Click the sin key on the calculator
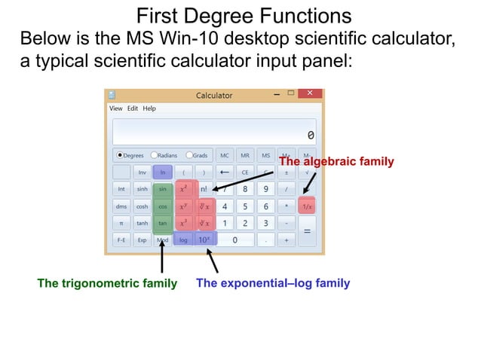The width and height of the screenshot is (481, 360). pyautogui.click(x=162, y=189)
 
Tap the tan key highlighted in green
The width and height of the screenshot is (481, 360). pyautogui.click(x=162, y=223)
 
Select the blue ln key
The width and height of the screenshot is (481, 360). pyautogui.click(x=162, y=172)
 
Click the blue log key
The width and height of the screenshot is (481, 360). pyautogui.click(x=183, y=240)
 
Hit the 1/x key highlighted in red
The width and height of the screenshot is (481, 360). pyautogui.click(x=307, y=206)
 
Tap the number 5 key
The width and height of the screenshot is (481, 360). pyautogui.click(x=244, y=206)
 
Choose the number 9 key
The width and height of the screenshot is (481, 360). pyautogui.click(x=265, y=189)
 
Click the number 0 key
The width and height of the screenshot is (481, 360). pyautogui.click(x=234, y=240)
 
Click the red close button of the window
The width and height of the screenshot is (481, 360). pyautogui.click(x=309, y=94)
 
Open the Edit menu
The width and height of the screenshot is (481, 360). pyautogui.click(x=132, y=108)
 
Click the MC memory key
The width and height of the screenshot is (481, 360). pyautogui.click(x=224, y=155)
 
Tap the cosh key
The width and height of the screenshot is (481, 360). pyautogui.click(x=142, y=206)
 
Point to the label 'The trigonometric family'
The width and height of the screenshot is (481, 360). pyautogui.click(x=107, y=284)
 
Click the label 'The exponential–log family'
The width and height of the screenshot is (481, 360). pyautogui.click(x=273, y=284)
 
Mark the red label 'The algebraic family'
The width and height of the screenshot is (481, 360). pyautogui.click(x=336, y=161)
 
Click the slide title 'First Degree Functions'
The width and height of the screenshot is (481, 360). pyautogui.click(x=244, y=16)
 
